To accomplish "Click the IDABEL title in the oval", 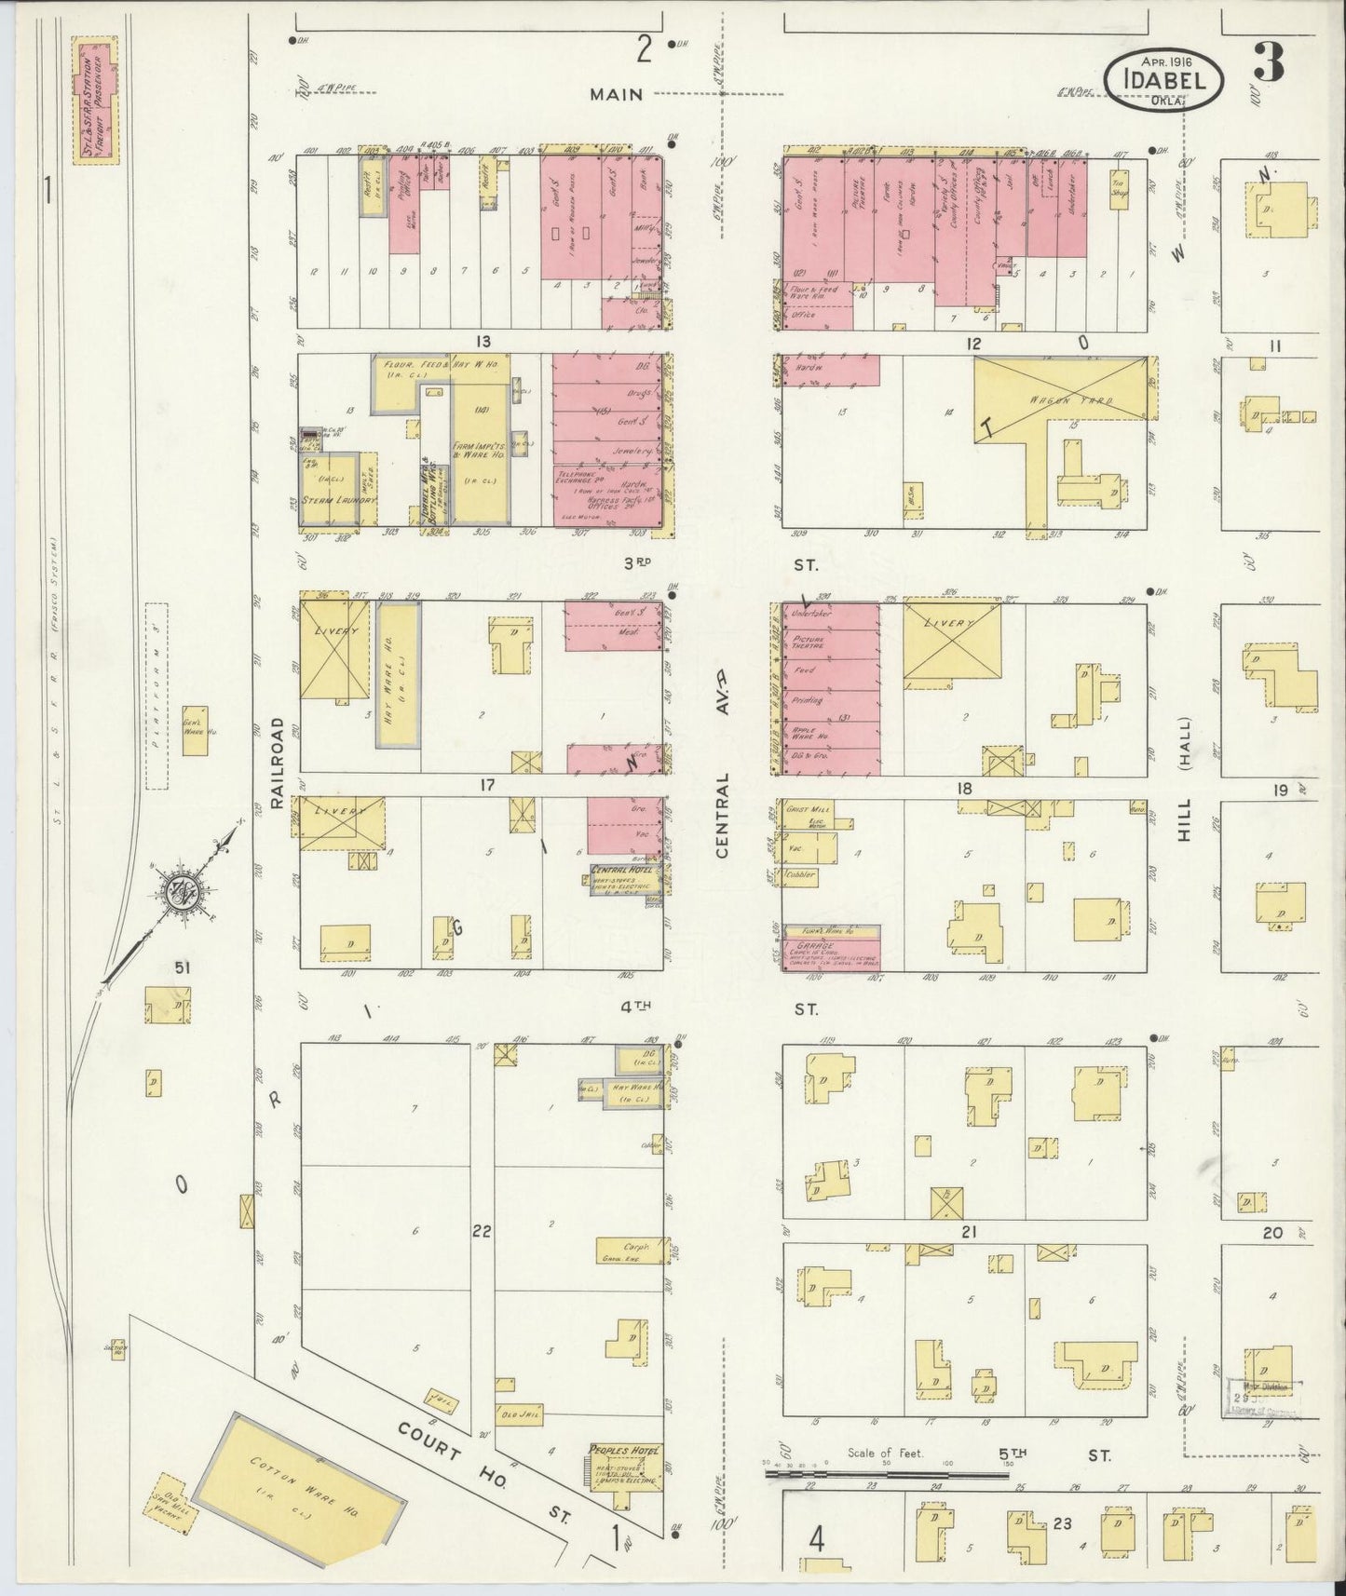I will tap(1164, 79).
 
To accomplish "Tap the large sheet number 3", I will tap(1268, 63).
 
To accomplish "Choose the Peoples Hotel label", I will tap(624, 1451).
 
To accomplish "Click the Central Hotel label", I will tap(622, 870).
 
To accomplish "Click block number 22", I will tap(481, 1231).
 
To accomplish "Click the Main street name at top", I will tap(618, 93).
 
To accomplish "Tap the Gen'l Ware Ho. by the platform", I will tap(194, 731).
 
